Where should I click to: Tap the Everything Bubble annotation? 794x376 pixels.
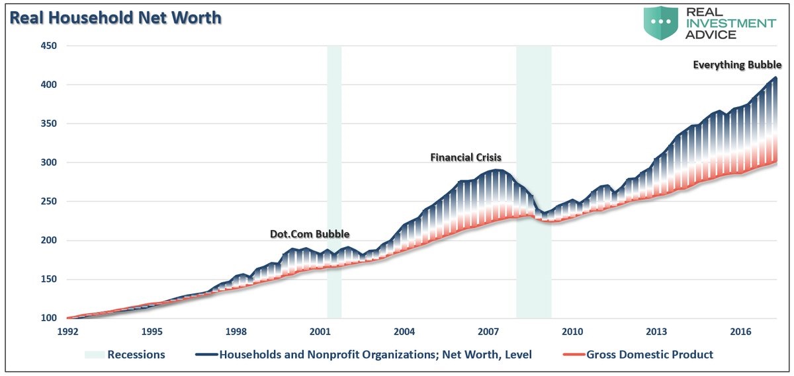pos(737,65)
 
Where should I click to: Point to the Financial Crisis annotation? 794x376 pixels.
pos(466,157)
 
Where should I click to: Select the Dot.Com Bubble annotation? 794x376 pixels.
pos(310,233)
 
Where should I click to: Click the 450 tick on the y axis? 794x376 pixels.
pos(49,46)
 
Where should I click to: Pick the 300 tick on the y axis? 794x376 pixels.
pos(49,163)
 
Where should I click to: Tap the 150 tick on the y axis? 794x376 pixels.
pos(49,280)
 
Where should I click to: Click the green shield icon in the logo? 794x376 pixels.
pos(662,22)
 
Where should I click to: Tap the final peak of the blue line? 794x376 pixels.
pos(775,78)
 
